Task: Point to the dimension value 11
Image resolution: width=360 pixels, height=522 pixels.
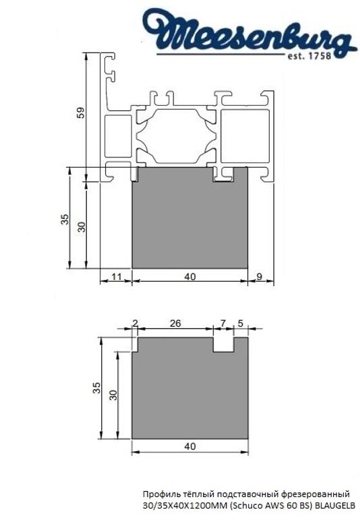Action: click(x=115, y=276)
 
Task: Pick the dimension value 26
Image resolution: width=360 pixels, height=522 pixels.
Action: click(x=175, y=323)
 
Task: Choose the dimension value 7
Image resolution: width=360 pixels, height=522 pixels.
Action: click(x=223, y=323)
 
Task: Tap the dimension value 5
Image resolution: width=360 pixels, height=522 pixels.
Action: click(x=241, y=323)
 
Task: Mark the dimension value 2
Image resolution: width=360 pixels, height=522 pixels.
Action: click(x=135, y=323)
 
